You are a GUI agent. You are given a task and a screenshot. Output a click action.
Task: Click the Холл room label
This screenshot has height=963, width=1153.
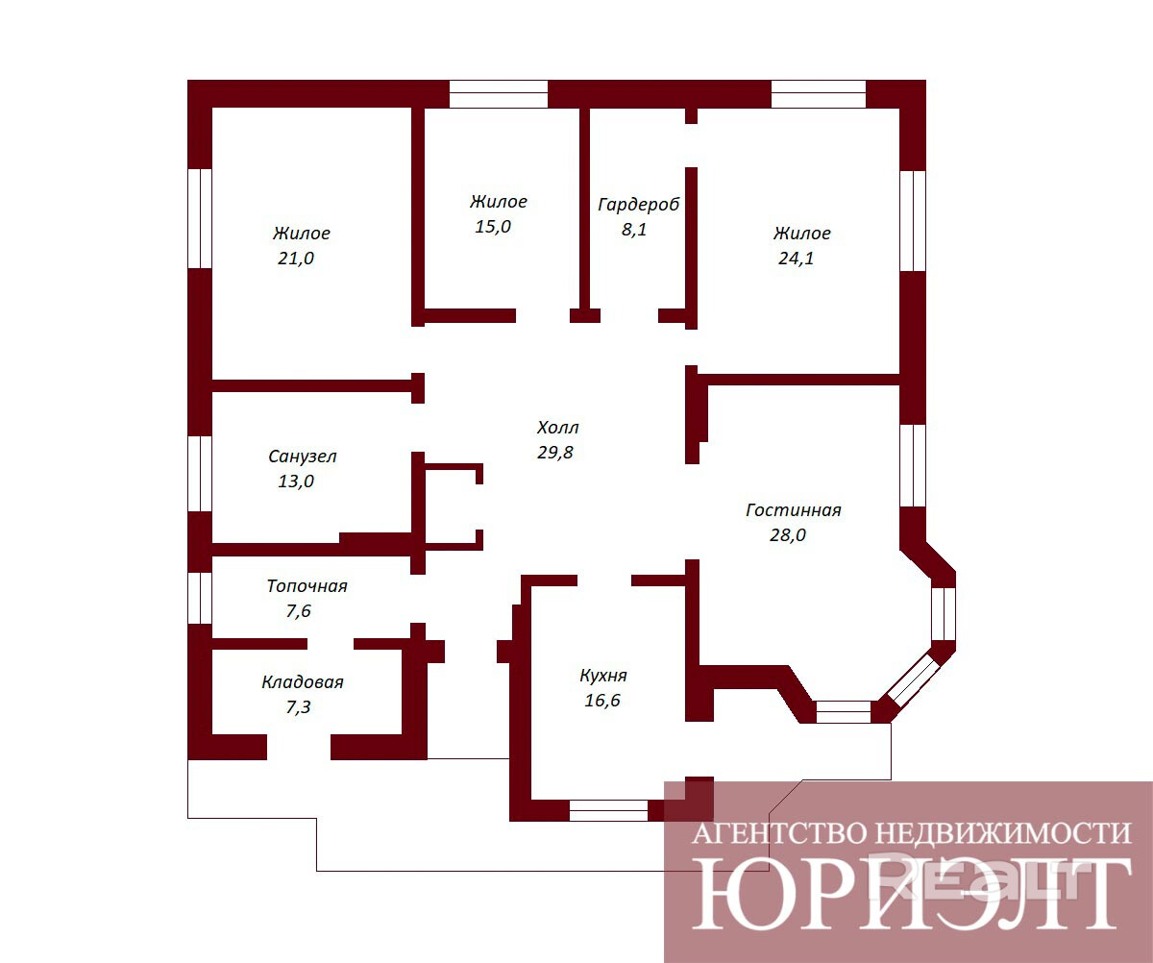557,428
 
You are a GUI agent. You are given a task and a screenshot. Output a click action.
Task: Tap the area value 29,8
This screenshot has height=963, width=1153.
555,453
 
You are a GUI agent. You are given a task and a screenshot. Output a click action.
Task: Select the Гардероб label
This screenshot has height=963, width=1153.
639,205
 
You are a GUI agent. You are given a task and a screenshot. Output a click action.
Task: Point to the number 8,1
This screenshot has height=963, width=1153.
634,230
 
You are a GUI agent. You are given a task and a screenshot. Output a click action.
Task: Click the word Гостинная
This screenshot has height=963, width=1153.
794,510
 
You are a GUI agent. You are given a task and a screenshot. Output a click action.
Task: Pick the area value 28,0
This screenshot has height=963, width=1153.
788,534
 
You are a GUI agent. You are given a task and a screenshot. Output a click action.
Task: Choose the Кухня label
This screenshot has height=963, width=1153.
603,676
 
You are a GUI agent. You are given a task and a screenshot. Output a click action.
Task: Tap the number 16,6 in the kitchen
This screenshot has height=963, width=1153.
601,701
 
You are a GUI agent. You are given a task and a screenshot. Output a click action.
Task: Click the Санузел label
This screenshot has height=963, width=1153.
302,457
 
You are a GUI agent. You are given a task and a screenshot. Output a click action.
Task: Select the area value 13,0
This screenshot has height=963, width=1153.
296,481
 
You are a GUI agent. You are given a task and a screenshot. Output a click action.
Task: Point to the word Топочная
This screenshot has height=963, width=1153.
307,586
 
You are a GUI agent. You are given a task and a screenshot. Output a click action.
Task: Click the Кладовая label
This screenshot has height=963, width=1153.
303,682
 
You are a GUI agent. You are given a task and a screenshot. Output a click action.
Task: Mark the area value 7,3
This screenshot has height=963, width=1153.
298,707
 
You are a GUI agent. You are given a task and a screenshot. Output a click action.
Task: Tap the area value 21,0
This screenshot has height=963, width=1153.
296,258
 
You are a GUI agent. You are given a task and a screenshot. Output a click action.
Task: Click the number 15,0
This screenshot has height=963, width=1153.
493,227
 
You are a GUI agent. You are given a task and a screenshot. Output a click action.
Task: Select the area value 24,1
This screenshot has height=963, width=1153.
797,258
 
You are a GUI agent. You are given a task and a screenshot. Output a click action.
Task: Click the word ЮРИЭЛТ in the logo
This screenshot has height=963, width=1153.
912,894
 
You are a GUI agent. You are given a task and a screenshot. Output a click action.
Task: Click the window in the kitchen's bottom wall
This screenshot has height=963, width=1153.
608,810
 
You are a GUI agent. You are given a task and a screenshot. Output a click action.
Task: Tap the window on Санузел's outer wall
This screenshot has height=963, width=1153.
200,474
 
